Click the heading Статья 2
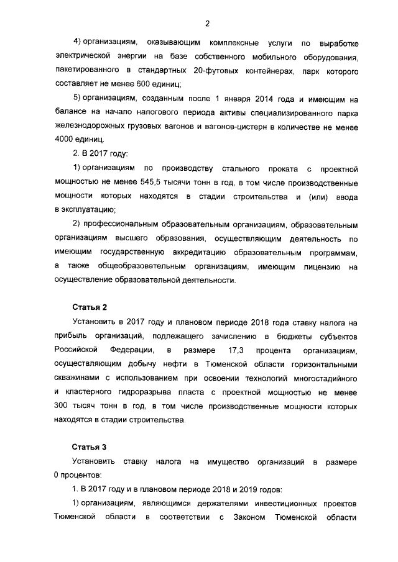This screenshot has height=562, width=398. click(90, 307)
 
